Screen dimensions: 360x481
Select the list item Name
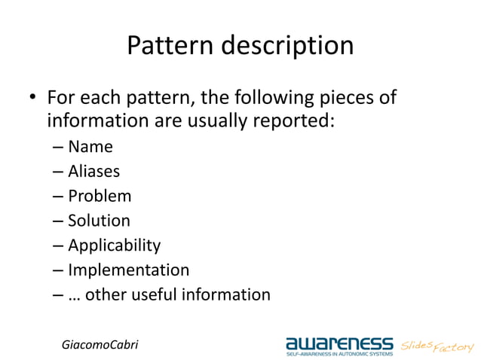90,147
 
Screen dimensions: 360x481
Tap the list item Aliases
93,172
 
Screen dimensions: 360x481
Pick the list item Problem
100,197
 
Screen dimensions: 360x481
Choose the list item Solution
99,221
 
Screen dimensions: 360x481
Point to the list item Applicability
114,246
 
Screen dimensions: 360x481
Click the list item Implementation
128,270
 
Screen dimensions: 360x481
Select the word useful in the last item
155,294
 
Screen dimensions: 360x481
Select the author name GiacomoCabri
100,344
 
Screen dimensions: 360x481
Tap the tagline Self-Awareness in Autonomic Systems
339,352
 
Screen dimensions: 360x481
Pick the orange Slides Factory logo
437,345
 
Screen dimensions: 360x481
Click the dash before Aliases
58,172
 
